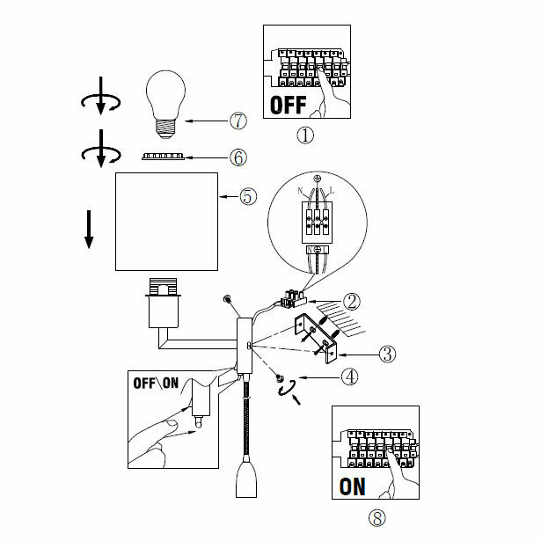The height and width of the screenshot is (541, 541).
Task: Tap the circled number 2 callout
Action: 352,301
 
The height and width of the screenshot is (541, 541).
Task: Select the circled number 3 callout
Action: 386,354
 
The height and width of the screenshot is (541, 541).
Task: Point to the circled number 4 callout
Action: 350,376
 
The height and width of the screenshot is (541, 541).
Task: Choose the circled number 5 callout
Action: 248,196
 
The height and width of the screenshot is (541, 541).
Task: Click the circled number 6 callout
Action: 238,157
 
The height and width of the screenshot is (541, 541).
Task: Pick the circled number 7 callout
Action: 238,120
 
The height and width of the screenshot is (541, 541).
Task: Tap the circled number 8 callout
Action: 377,517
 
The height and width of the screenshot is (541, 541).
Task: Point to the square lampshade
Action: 167,222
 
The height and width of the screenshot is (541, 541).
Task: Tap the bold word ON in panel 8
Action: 353,485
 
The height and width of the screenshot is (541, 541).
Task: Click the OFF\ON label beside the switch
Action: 156,383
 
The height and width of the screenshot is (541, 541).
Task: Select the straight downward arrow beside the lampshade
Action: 89,228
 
